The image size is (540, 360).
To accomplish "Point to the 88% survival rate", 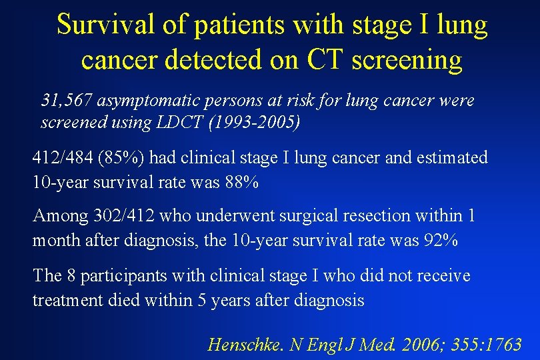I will (240, 183).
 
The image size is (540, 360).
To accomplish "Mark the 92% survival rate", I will (441, 241).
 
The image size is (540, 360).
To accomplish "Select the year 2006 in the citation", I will (405, 345).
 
